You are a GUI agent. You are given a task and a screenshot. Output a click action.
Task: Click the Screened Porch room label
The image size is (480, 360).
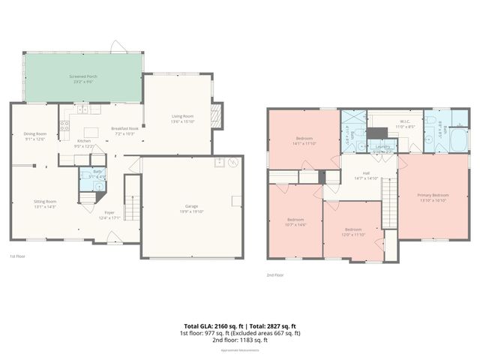83,76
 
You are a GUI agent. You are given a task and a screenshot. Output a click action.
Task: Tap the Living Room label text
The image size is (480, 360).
183,116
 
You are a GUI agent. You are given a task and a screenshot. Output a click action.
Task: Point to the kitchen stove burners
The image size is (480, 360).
64,126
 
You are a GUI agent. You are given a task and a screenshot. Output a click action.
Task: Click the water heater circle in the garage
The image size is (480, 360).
233,162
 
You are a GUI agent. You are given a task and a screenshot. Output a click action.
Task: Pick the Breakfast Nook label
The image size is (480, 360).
125,128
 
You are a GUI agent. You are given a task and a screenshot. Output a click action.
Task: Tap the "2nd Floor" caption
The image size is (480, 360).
275,275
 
